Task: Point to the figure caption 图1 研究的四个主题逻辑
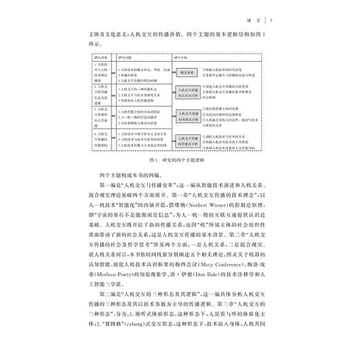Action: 181,161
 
